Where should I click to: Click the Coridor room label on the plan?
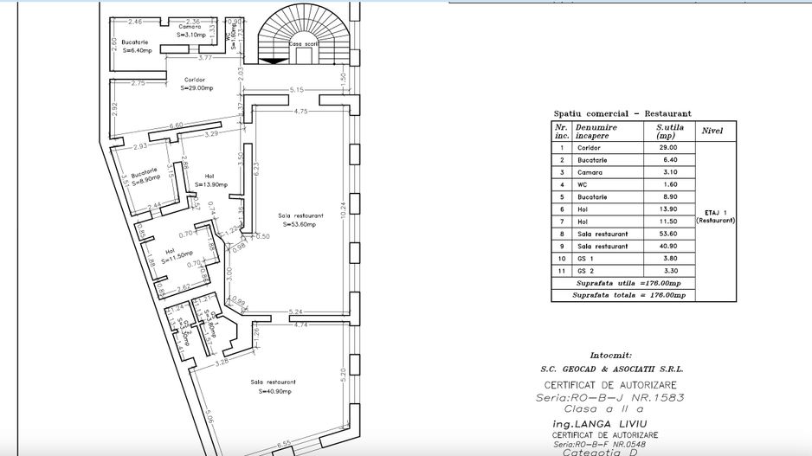click(x=194, y=80)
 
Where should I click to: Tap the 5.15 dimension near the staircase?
click(x=296, y=90)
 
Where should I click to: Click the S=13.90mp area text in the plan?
click(x=210, y=184)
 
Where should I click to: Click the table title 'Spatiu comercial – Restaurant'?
click(x=622, y=113)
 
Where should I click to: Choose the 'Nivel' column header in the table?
click(x=714, y=131)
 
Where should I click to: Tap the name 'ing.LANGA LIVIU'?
click(x=610, y=424)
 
